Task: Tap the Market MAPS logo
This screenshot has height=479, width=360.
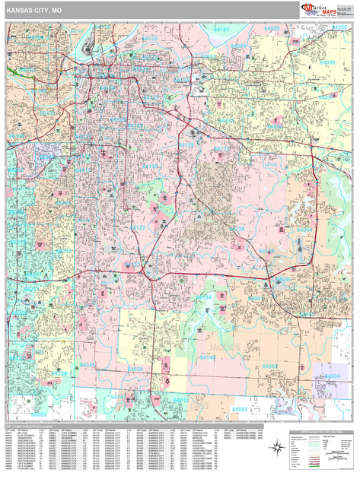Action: (317, 8)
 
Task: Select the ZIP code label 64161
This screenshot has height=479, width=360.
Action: (222, 29)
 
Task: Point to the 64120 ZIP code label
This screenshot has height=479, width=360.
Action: (150, 38)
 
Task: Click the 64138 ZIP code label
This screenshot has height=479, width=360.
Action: (237, 228)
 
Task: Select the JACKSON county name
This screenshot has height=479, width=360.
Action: (219, 347)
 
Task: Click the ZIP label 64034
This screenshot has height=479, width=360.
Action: (332, 376)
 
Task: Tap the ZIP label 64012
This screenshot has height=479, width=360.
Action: (180, 399)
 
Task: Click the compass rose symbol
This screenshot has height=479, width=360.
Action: (276, 447)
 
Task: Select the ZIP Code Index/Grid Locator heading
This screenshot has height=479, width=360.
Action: (30, 424)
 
